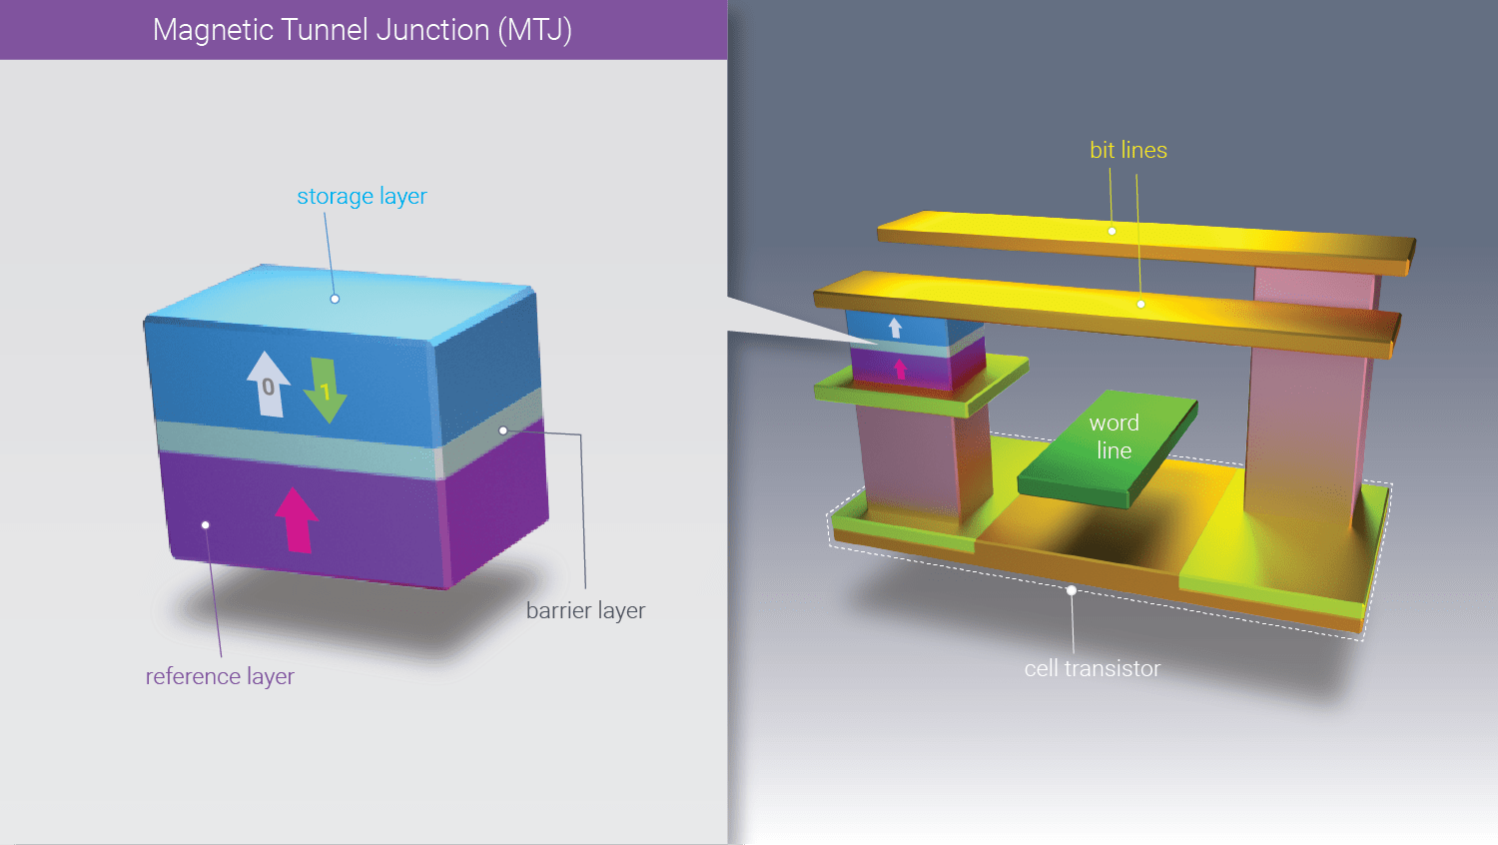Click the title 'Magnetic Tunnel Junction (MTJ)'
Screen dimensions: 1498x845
tap(362, 30)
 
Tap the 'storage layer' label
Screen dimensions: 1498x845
tap(362, 197)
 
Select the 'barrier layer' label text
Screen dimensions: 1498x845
tap(585, 610)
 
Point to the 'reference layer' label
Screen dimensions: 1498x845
tap(220, 677)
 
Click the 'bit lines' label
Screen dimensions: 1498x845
tap(1127, 151)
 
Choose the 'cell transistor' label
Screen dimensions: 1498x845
tap(1092, 669)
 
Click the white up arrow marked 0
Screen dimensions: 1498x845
tap(268, 384)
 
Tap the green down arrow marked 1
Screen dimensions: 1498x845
tap(325, 390)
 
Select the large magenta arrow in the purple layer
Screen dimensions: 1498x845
tap(296, 519)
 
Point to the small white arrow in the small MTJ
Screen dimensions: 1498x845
tap(895, 328)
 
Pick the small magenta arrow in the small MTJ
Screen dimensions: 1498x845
tap(900, 370)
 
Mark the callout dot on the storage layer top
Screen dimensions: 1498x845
tap(335, 299)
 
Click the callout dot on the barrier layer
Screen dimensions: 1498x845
tap(503, 430)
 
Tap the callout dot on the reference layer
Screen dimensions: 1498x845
tap(206, 524)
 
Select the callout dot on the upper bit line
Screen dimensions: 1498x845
tap(1112, 231)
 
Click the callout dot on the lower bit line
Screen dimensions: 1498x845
tap(1140, 304)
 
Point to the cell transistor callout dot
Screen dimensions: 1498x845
tap(1071, 590)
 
